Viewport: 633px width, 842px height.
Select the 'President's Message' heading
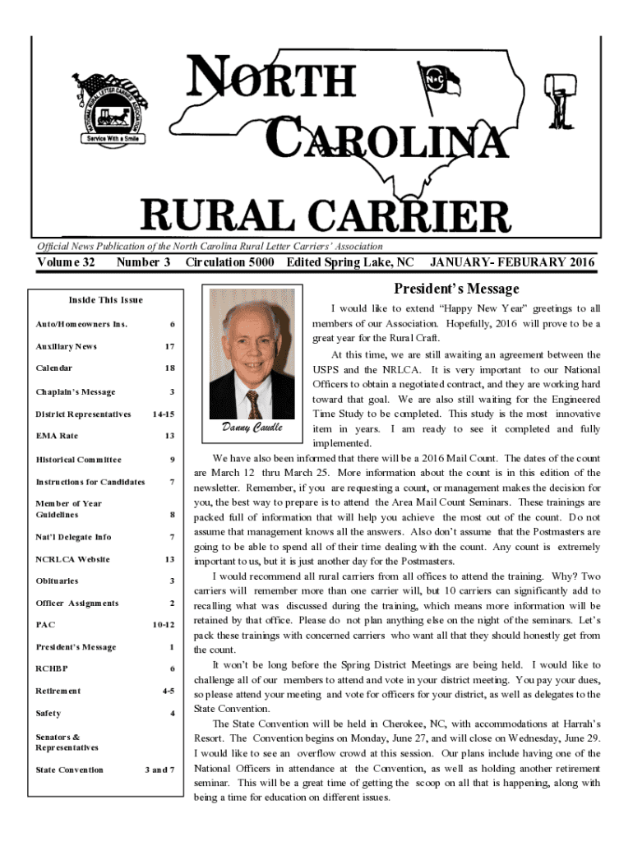(x=456, y=289)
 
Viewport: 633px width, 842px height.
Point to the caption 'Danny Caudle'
(x=252, y=428)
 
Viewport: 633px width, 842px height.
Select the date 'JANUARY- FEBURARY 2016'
(x=511, y=262)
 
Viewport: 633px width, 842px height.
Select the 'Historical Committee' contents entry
(x=78, y=460)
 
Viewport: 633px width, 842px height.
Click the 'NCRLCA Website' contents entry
(x=73, y=559)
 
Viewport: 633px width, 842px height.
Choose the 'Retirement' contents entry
(x=58, y=691)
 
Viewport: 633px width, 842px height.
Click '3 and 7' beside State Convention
(x=159, y=770)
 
